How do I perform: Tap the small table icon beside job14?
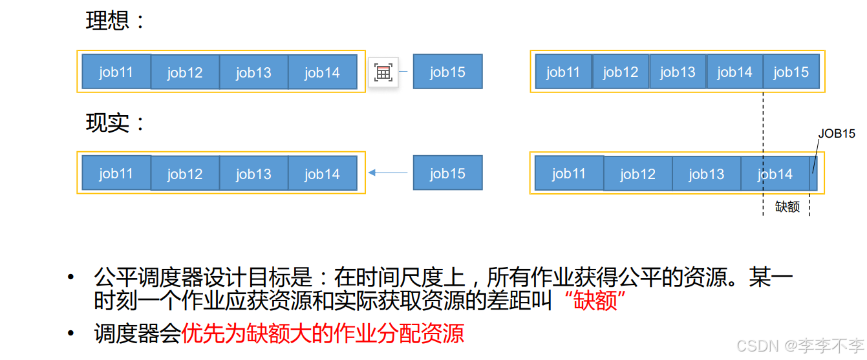point(383,72)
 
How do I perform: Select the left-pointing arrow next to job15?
point(388,173)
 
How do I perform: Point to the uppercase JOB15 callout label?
point(837,134)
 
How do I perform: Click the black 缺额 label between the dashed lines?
point(787,207)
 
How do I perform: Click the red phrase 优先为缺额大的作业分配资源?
point(323,334)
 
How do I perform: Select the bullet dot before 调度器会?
point(71,334)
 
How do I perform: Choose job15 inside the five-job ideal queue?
point(791,72)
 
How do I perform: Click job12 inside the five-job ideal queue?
point(621,72)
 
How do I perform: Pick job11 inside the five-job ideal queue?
point(563,72)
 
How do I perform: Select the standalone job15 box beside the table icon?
point(447,72)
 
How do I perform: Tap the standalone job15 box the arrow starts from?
point(447,173)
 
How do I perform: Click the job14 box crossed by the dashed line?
point(775,173)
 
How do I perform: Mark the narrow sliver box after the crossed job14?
point(814,173)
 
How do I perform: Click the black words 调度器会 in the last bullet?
point(137,334)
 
